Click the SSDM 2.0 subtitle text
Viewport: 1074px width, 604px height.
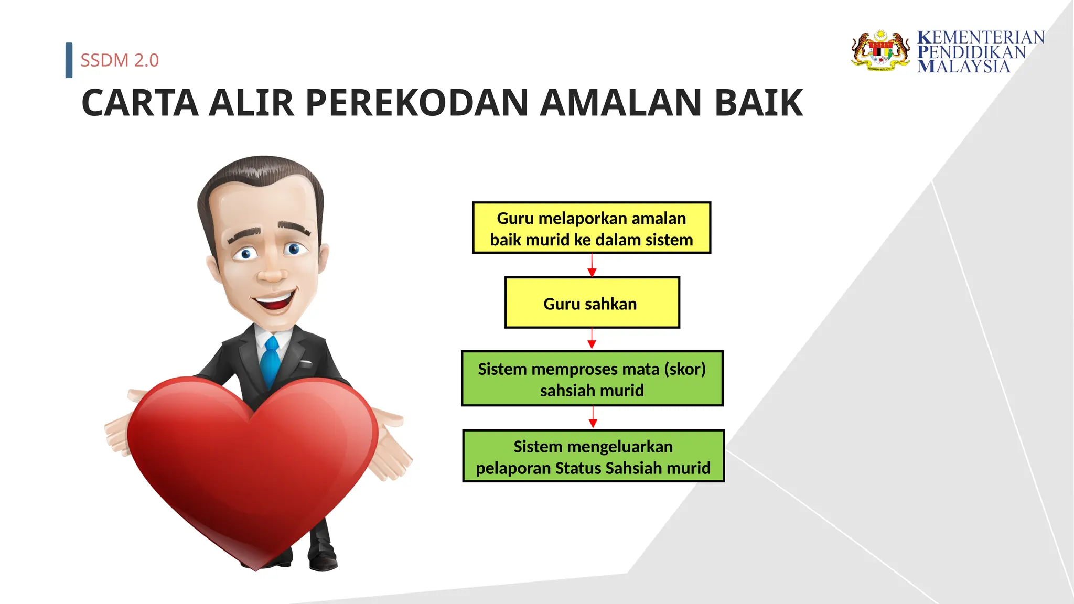pyautogui.click(x=120, y=60)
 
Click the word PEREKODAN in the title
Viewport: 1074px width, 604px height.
pyautogui.click(x=417, y=103)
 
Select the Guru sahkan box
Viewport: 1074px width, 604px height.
pyautogui.click(x=592, y=303)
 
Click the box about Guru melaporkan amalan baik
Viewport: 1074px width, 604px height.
pyautogui.click(x=592, y=228)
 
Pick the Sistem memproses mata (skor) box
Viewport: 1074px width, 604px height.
pyautogui.click(x=592, y=379)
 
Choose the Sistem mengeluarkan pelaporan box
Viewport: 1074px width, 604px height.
pyautogui.click(x=593, y=456)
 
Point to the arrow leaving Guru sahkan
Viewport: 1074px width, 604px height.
pyautogui.click(x=592, y=339)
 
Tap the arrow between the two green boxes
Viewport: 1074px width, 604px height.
pyautogui.click(x=593, y=417)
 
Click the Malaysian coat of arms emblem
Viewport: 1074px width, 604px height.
pyautogui.click(x=881, y=51)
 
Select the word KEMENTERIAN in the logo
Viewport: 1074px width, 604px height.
pyautogui.click(x=981, y=38)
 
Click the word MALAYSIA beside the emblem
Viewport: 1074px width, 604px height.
pyautogui.click(x=963, y=67)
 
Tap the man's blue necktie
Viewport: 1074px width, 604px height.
pyautogui.click(x=271, y=362)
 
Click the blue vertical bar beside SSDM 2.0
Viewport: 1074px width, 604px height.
pyautogui.click(x=69, y=60)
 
